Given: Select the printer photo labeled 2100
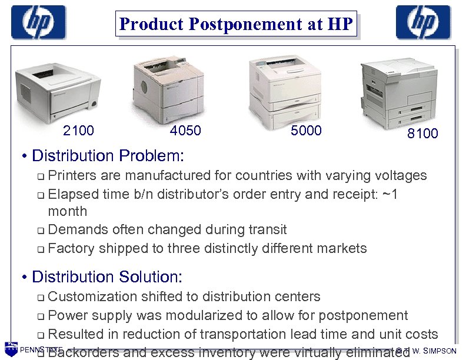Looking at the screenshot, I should (x=55, y=89).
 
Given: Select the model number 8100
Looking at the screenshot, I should (x=422, y=134).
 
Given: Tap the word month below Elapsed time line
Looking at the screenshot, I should (x=67, y=211).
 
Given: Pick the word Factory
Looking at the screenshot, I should (x=71, y=248).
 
